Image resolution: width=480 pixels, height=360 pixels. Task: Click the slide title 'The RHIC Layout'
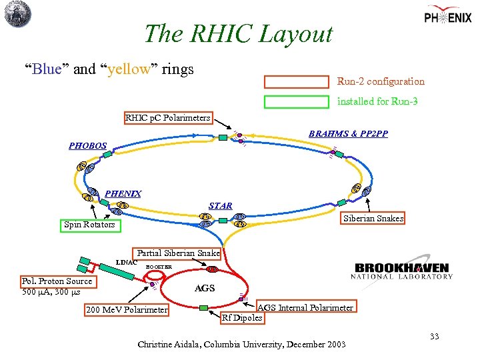pyautogui.click(x=238, y=33)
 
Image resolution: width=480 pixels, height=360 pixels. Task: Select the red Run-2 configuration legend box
pyautogui.click(x=297, y=82)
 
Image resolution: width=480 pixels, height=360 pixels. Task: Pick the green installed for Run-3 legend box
pyautogui.click(x=297, y=102)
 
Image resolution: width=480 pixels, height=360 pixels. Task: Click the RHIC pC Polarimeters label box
pyautogui.click(x=168, y=118)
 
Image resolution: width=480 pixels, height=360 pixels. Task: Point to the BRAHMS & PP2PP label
pyautogui.click(x=348, y=134)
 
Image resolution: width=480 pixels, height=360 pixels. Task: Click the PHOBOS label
pyautogui.click(x=87, y=145)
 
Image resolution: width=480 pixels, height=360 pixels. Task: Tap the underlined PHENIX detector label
pyautogui.click(x=123, y=194)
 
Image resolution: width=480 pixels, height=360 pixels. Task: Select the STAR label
pyautogui.click(x=221, y=206)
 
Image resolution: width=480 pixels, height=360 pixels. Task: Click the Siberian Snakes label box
pyautogui.click(x=373, y=219)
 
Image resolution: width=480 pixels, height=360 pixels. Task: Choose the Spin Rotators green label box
pyautogui.click(x=89, y=225)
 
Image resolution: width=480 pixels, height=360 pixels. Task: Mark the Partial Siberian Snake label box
pyautogui.click(x=178, y=253)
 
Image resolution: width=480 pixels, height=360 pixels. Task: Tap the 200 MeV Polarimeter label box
pyautogui.click(x=127, y=310)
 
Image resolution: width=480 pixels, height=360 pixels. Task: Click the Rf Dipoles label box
pyautogui.click(x=243, y=317)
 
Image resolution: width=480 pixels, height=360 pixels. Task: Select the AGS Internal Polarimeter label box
pyautogui.click(x=305, y=307)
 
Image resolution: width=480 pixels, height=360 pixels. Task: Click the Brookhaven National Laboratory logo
pyautogui.click(x=403, y=270)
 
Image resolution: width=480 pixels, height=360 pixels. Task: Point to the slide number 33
pyautogui.click(x=434, y=337)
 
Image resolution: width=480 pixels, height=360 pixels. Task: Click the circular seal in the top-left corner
pyautogui.click(x=18, y=14)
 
